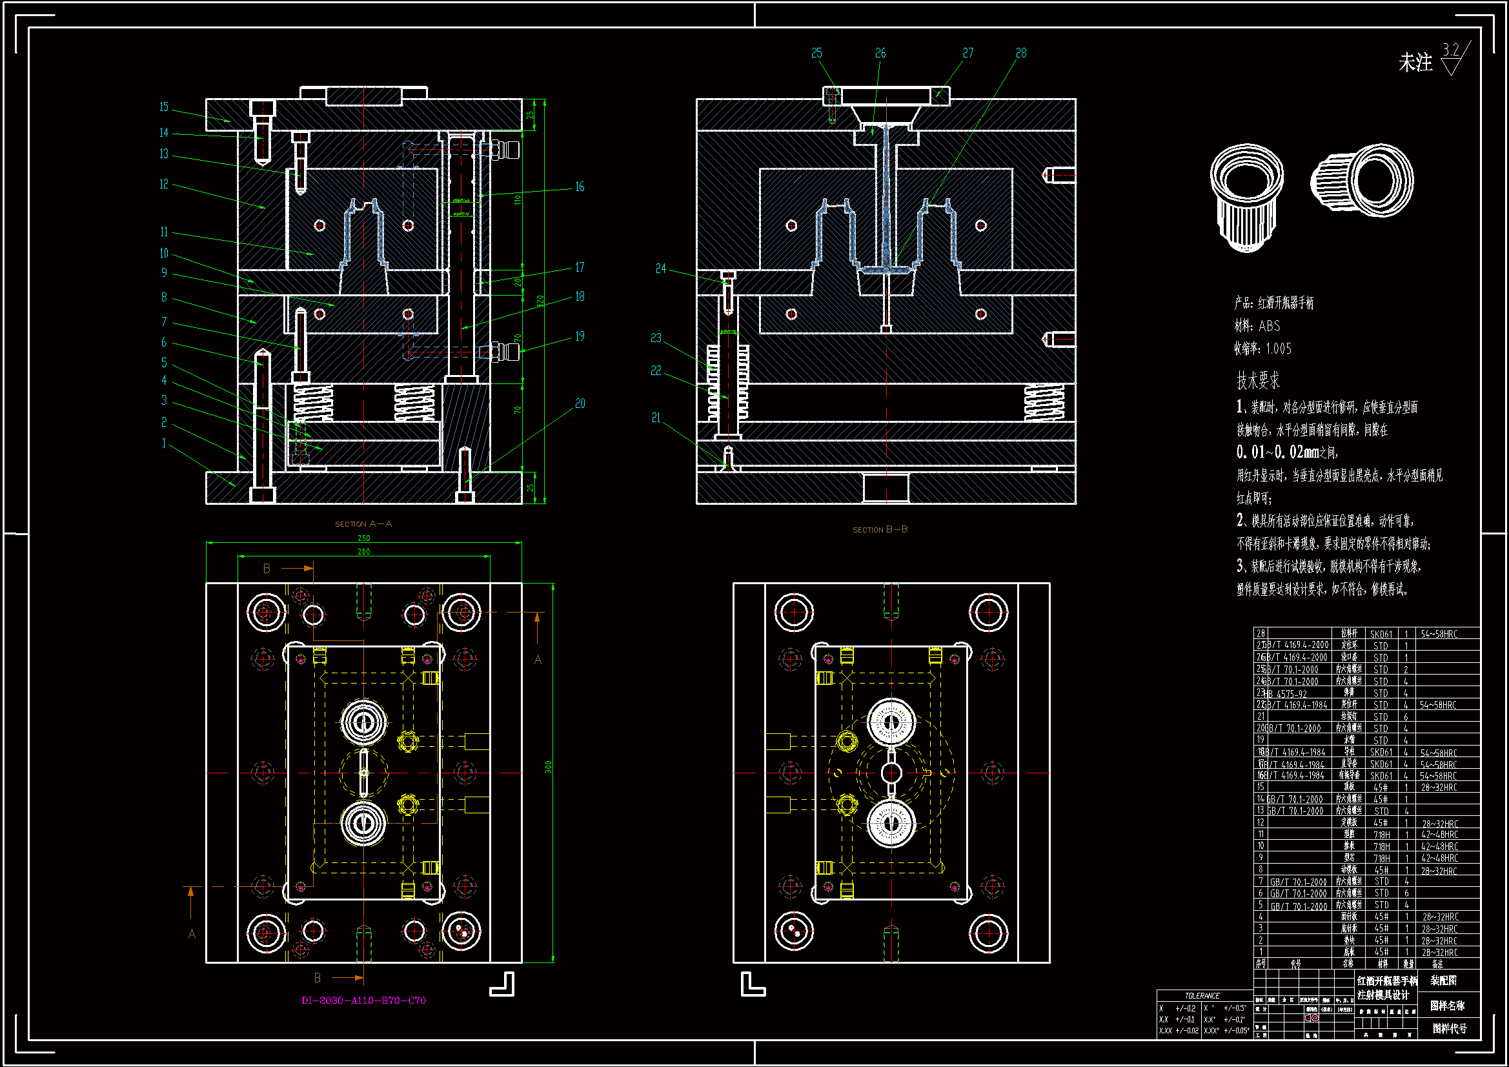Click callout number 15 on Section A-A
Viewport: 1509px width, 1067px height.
click(x=164, y=107)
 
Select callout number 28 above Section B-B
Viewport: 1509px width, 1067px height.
click(x=1020, y=53)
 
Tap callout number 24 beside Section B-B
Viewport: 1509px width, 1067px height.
click(x=660, y=269)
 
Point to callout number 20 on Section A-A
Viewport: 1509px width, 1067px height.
click(x=580, y=403)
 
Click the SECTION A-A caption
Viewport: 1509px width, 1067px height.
click(x=363, y=524)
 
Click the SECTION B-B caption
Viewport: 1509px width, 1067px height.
click(x=880, y=529)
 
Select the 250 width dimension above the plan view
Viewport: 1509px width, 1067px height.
click(x=363, y=538)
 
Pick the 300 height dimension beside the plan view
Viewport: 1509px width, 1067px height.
click(x=549, y=767)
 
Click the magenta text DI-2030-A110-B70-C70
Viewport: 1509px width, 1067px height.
click(x=363, y=1001)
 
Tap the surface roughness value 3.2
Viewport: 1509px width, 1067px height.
click(x=1450, y=50)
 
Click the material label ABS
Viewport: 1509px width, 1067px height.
click(x=1270, y=326)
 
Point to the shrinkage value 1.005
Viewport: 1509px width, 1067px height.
click(x=1279, y=349)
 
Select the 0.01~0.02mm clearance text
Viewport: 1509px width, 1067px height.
click(x=1286, y=452)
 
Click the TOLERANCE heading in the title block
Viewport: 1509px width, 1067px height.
click(x=1202, y=996)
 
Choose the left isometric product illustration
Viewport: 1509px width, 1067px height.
click(x=1247, y=198)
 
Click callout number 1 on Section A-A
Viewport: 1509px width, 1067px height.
click(x=164, y=443)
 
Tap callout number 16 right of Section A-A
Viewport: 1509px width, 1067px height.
click(x=580, y=187)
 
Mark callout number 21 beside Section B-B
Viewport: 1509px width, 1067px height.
click(x=656, y=418)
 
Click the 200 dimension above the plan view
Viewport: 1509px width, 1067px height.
click(x=363, y=553)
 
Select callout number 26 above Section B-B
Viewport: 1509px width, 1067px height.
click(x=880, y=53)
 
